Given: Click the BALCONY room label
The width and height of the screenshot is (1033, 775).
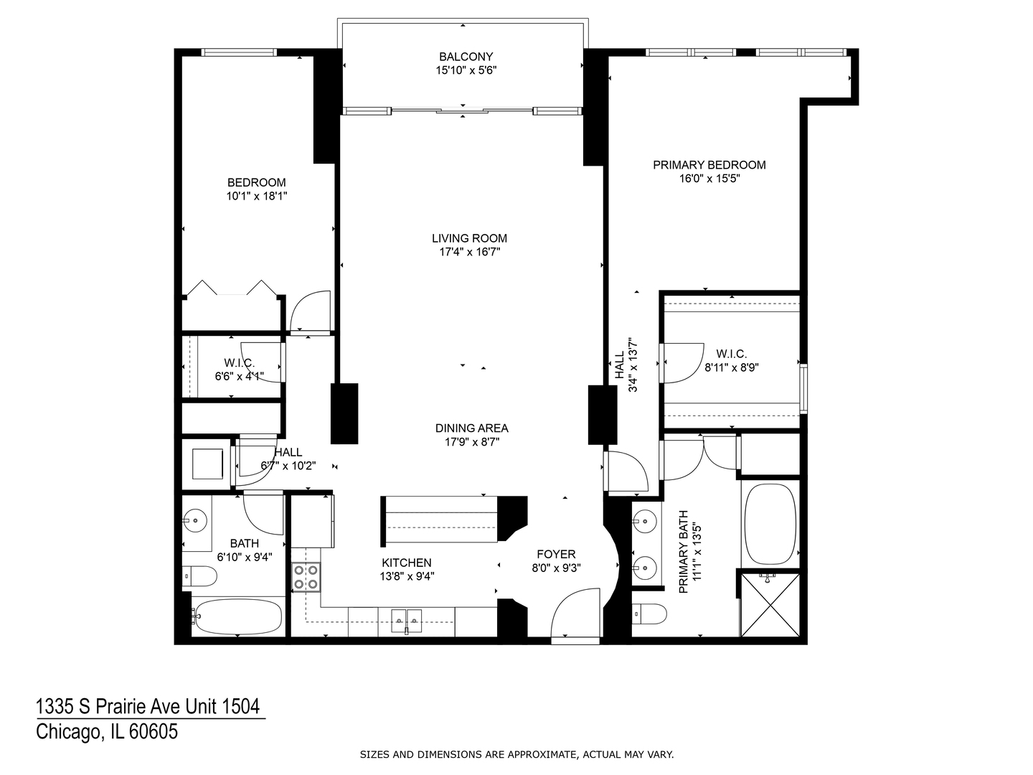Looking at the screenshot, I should point(466,57).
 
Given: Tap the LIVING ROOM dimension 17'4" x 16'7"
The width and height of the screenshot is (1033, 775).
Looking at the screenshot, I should point(469,252).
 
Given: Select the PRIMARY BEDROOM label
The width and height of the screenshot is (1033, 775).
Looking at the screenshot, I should point(709,165).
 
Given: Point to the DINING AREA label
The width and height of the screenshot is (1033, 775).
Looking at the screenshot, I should point(471,428).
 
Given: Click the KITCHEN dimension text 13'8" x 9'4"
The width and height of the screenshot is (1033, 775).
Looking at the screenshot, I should point(407,576).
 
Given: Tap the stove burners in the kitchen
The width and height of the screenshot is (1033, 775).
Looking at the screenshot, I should point(306,578).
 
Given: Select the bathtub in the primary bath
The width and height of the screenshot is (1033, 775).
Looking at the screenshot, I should point(770,524).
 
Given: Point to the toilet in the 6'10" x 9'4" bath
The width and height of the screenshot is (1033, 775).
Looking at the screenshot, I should point(200,576).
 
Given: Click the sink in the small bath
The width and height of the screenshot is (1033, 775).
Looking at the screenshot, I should point(194,517).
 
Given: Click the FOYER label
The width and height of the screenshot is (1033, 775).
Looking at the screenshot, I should point(556,554).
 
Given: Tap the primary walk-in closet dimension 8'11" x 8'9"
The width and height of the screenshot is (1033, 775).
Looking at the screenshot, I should point(731,367).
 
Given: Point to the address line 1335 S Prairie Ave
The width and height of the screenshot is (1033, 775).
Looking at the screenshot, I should point(148,707).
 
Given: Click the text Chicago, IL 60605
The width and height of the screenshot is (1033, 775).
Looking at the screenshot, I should point(107,732).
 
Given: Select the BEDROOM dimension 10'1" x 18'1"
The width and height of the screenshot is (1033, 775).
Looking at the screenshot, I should point(256,195).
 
